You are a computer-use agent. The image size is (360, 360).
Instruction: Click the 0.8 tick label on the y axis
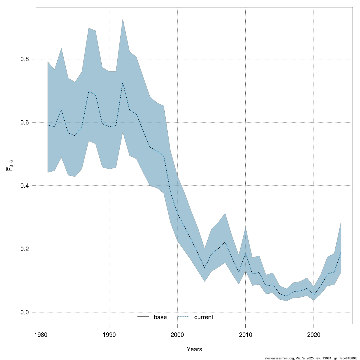[x=24, y=59]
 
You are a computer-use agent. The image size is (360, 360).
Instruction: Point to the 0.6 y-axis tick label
[x=24, y=122]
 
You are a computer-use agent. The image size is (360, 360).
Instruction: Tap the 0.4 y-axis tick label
[x=24, y=186]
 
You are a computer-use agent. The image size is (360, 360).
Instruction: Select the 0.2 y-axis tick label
[x=24, y=249]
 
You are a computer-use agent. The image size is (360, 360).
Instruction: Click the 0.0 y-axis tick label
[x=24, y=312]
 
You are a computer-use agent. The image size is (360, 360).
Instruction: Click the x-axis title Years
[x=194, y=349]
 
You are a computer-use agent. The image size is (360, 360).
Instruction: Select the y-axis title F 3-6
[x=10, y=165]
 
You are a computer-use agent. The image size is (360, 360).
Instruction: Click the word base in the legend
[x=160, y=317]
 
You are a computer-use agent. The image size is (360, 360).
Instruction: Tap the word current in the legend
[x=204, y=317]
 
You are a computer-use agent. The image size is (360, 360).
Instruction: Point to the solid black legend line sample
[x=143, y=317]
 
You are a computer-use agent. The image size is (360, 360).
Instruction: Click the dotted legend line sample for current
[x=184, y=317]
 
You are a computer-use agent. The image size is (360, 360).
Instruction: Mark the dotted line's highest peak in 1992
[x=123, y=83]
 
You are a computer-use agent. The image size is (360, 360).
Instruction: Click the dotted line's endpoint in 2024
[x=341, y=252]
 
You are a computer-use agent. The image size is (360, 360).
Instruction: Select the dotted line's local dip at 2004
[x=205, y=268]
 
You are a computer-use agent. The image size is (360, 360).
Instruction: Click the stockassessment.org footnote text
[x=312, y=358]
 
